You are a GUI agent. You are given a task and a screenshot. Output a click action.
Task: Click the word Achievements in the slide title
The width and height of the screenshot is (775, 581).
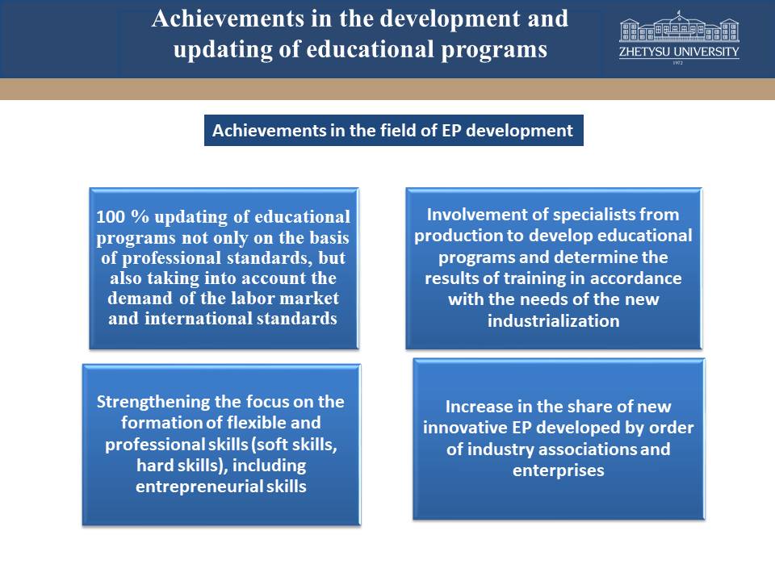coord(228,19)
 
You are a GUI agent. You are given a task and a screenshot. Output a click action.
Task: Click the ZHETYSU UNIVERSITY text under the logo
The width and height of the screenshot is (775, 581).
coord(679,52)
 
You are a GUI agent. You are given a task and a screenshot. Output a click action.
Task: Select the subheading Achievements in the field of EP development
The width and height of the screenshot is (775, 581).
coord(393,131)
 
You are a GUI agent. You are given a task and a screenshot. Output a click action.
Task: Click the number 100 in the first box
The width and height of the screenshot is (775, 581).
coord(111,217)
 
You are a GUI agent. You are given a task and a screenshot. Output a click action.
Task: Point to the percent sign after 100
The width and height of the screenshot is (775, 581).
coord(140,217)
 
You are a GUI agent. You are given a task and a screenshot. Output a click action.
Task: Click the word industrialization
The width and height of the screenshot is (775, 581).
coord(554,321)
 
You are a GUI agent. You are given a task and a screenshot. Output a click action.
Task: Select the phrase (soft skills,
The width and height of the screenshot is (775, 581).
coord(295,445)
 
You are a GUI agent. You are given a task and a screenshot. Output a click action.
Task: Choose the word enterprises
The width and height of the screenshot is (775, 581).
coord(559,470)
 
